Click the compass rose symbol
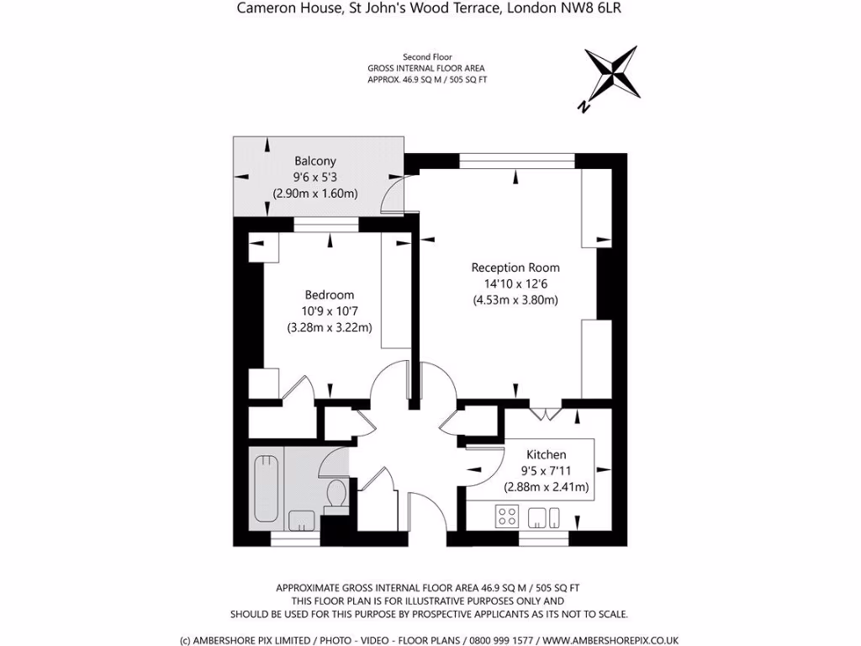(610, 73)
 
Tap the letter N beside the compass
(583, 106)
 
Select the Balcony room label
(314, 161)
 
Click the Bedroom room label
(329, 295)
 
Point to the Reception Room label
(515, 267)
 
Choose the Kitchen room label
(546, 454)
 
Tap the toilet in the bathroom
(335, 494)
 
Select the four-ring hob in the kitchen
(507, 516)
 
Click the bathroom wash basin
(301, 519)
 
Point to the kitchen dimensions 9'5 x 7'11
(546, 470)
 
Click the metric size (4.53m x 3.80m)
(515, 299)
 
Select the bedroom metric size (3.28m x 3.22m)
(329, 327)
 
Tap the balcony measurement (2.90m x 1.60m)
(314, 193)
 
